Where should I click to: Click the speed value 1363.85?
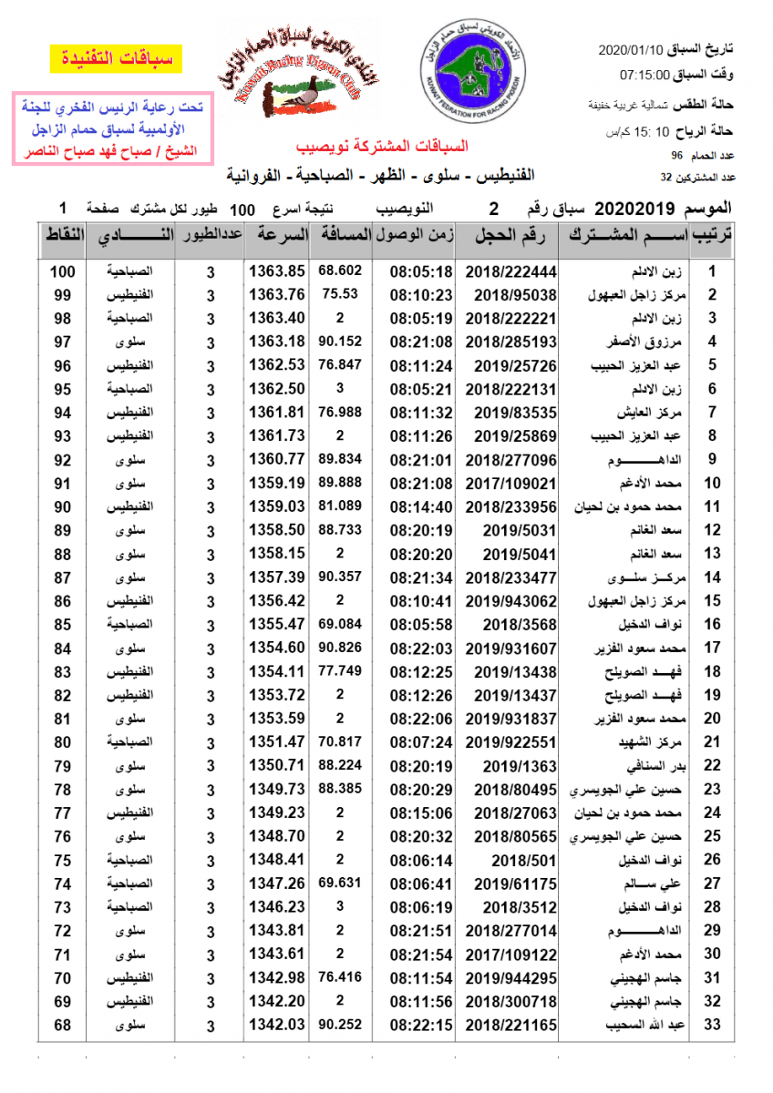pos(277,271)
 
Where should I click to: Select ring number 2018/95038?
pos(511,295)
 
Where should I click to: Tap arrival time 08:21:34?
pos(421,577)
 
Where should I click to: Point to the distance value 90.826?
pos(341,648)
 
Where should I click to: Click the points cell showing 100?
pos(62,271)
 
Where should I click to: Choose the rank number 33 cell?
pos(714,1026)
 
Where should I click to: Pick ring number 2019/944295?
pos(511,979)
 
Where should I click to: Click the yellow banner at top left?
pos(116,60)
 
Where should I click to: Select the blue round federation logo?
pos(471,70)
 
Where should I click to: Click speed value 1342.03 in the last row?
pos(277,1026)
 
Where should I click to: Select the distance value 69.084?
pos(341,624)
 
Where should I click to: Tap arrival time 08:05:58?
pos(421,625)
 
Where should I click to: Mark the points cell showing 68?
pos(62,1026)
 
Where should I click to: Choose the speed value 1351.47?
pos(277,742)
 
